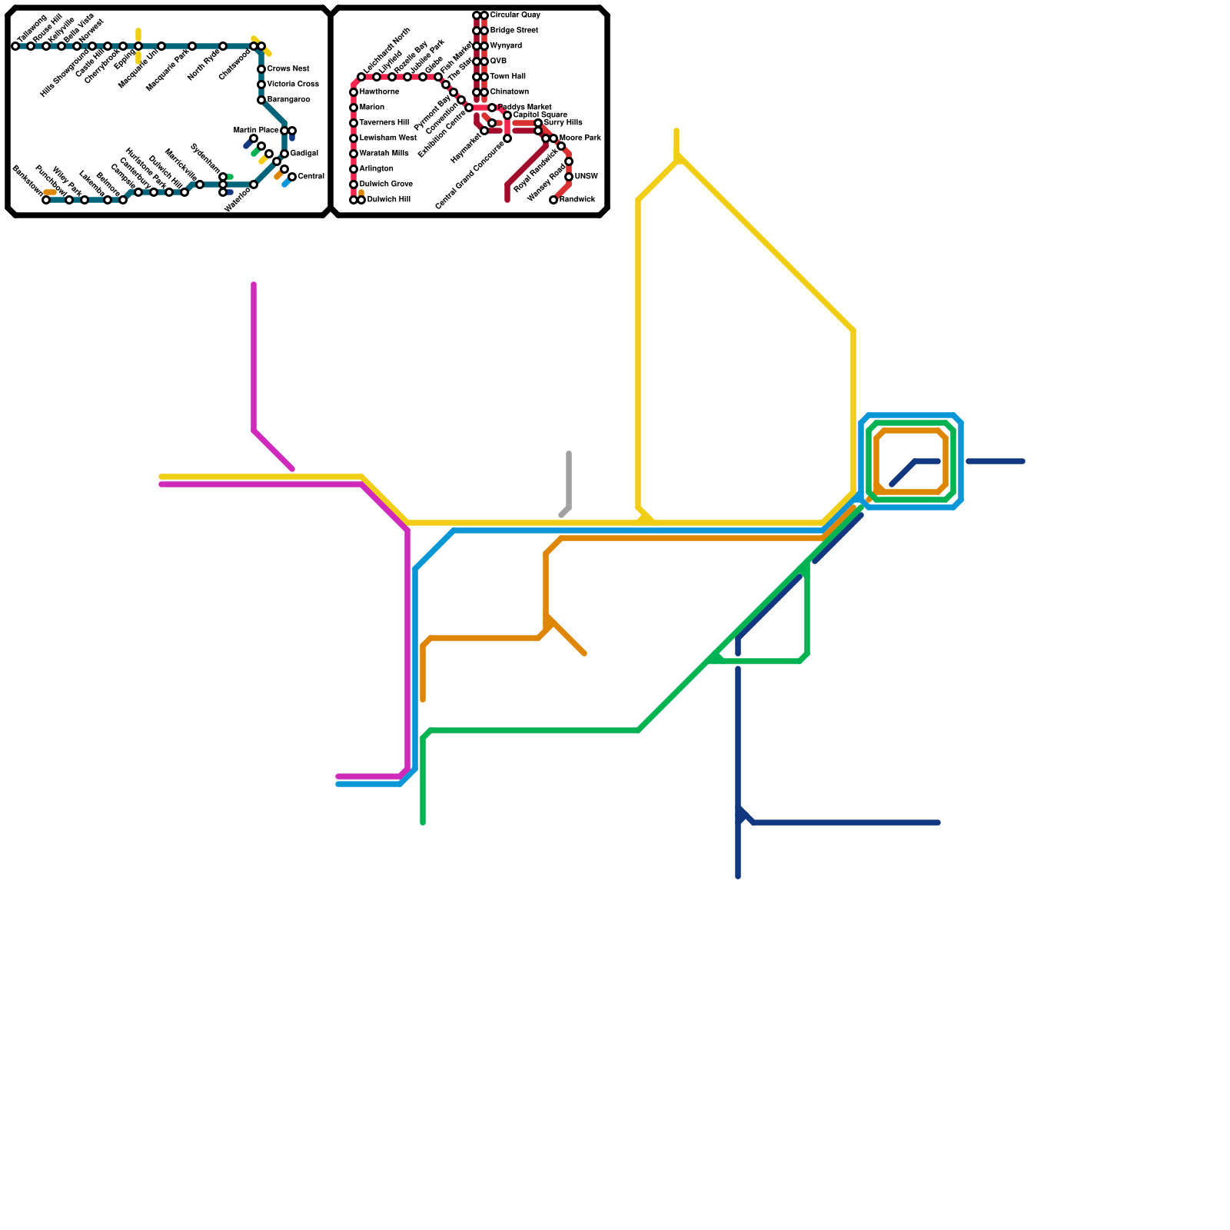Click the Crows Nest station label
tap(288, 69)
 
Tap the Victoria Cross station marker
tap(261, 85)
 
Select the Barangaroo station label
tap(289, 100)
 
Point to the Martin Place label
tap(256, 131)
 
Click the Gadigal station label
tap(304, 154)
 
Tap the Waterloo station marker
tap(254, 184)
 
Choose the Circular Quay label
tap(515, 15)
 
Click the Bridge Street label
tap(514, 31)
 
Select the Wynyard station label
tap(506, 46)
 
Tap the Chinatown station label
tap(509, 92)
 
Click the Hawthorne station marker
tap(354, 92)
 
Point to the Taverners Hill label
tap(384, 123)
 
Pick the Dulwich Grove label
tap(386, 184)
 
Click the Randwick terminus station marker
tap(553, 200)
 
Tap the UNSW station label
tap(586, 177)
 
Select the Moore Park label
tap(580, 138)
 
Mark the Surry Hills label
tap(563, 123)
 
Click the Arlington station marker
tap(354, 169)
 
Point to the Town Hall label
tap(507, 77)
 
